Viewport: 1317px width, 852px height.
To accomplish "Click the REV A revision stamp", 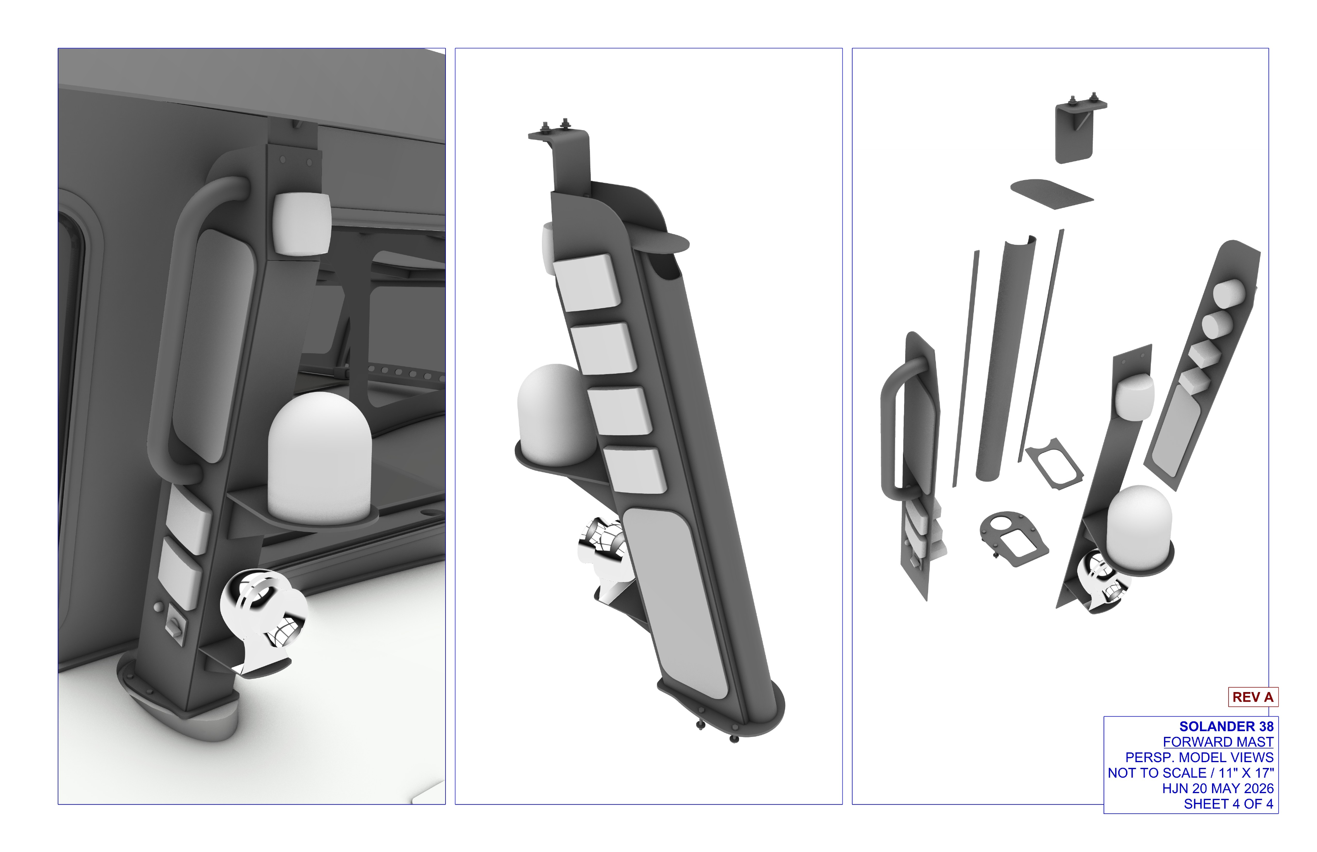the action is pos(1253,697).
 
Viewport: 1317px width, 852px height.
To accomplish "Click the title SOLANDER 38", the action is pos(1226,727).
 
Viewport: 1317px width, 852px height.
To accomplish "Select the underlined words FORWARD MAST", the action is pos(1218,742).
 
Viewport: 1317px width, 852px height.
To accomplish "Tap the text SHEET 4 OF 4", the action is pos(1228,804).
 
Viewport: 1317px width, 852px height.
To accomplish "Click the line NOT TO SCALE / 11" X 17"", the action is pos(1191,773).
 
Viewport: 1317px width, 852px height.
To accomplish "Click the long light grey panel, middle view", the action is pos(676,603).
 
